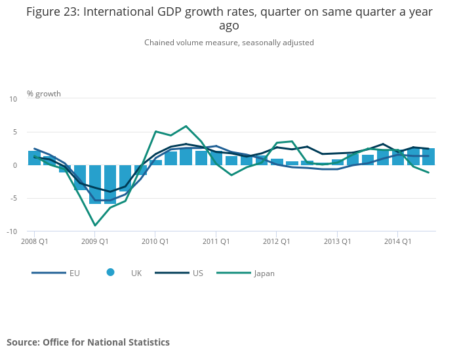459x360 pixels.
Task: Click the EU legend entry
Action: pyautogui.click(x=74, y=273)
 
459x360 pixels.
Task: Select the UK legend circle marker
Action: pyautogui.click(x=110, y=272)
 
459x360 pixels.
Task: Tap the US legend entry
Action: pyautogui.click(x=197, y=273)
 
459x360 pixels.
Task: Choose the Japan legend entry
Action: pyautogui.click(x=264, y=273)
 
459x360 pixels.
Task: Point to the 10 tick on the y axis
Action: pyautogui.click(x=14, y=99)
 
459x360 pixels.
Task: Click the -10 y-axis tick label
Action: pyautogui.click(x=12, y=231)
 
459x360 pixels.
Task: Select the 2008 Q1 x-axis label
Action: pyautogui.click(x=34, y=241)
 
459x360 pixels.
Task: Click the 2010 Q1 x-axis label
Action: pyautogui.click(x=155, y=241)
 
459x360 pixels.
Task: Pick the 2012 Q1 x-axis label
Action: pyautogui.click(x=276, y=241)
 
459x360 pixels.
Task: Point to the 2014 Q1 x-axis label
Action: pyautogui.click(x=397, y=241)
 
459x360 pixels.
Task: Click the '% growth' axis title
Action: pyautogui.click(x=44, y=94)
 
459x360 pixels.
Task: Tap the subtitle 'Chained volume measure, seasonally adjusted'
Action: pyautogui.click(x=229, y=43)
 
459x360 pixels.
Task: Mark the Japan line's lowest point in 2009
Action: pyautogui.click(x=95, y=226)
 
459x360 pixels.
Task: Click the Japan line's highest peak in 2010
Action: pyautogui.click(x=186, y=126)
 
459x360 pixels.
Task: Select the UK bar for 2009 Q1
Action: pyautogui.click(x=95, y=184)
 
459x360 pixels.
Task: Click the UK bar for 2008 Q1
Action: pyautogui.click(x=34, y=158)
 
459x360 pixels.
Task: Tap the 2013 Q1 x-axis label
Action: pyautogui.click(x=337, y=241)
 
